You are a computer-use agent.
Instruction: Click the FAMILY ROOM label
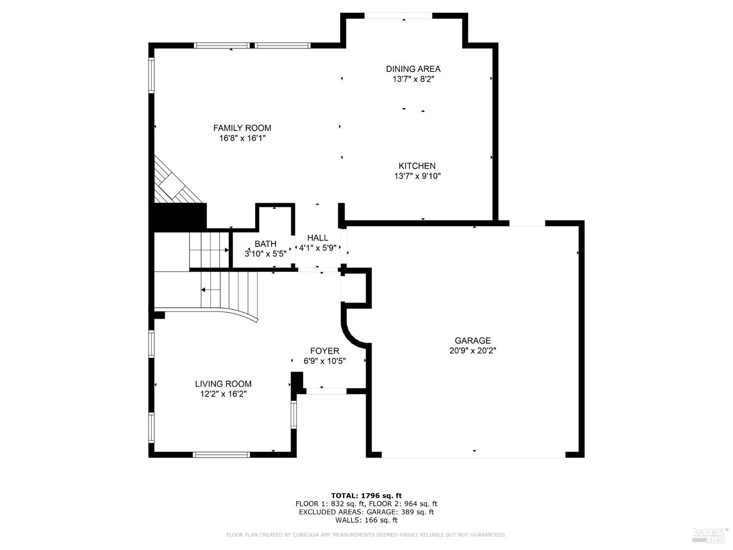(x=242, y=128)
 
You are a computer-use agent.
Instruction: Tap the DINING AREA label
(x=413, y=69)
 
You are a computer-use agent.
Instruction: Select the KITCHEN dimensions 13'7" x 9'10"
(x=417, y=176)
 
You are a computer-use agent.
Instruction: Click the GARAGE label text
(x=473, y=341)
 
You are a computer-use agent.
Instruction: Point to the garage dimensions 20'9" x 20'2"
(x=473, y=351)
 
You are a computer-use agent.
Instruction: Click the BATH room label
(x=265, y=243)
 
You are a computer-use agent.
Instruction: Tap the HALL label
(x=318, y=238)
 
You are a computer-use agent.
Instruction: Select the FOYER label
(x=324, y=351)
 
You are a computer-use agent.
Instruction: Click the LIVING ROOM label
(x=223, y=384)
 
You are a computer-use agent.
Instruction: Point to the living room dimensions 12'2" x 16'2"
(x=223, y=394)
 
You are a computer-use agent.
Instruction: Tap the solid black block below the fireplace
(x=178, y=217)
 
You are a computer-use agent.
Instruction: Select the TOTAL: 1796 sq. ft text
(x=366, y=496)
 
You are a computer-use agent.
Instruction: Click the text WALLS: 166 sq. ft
(x=366, y=520)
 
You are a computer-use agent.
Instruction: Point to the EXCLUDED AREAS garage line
(x=366, y=512)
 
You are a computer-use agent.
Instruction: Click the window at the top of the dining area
(x=398, y=16)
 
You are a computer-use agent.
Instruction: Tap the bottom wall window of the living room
(x=222, y=455)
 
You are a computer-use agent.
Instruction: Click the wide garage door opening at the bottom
(x=473, y=455)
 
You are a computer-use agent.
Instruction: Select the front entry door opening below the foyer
(x=326, y=391)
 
